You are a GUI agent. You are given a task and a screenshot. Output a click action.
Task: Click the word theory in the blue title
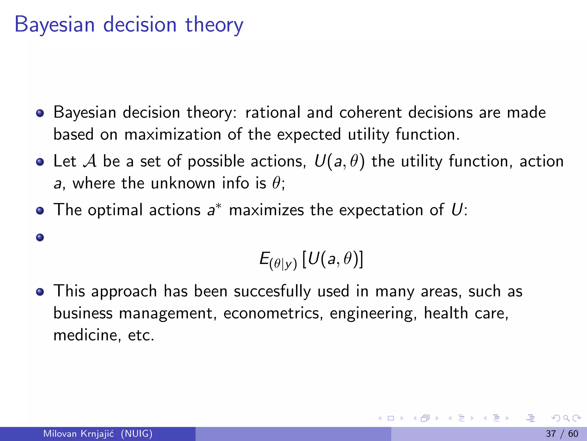click(214, 25)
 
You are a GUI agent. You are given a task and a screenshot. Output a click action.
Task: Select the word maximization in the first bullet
click(173, 134)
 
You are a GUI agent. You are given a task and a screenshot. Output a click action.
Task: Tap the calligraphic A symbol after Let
click(90, 161)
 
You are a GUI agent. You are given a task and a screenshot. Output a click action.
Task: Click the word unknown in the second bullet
click(183, 183)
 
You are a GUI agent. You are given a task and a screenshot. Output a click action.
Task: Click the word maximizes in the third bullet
click(266, 210)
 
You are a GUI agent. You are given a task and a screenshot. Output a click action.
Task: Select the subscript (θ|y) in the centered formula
click(283, 264)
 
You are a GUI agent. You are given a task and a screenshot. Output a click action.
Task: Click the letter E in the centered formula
click(264, 258)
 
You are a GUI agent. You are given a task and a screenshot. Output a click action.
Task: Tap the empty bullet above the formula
click(40, 237)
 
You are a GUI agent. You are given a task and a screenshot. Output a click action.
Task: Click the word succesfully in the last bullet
click(272, 291)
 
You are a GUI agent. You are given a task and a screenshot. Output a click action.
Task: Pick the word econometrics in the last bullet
click(271, 313)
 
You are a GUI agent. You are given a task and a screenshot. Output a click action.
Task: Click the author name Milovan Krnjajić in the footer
click(78, 434)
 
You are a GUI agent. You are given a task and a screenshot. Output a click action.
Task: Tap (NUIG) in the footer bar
click(136, 434)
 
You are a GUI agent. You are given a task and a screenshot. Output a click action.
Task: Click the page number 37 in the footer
click(551, 434)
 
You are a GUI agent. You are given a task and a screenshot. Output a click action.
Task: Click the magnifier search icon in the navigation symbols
click(566, 418)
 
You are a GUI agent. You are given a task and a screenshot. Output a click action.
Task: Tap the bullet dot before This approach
click(40, 292)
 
